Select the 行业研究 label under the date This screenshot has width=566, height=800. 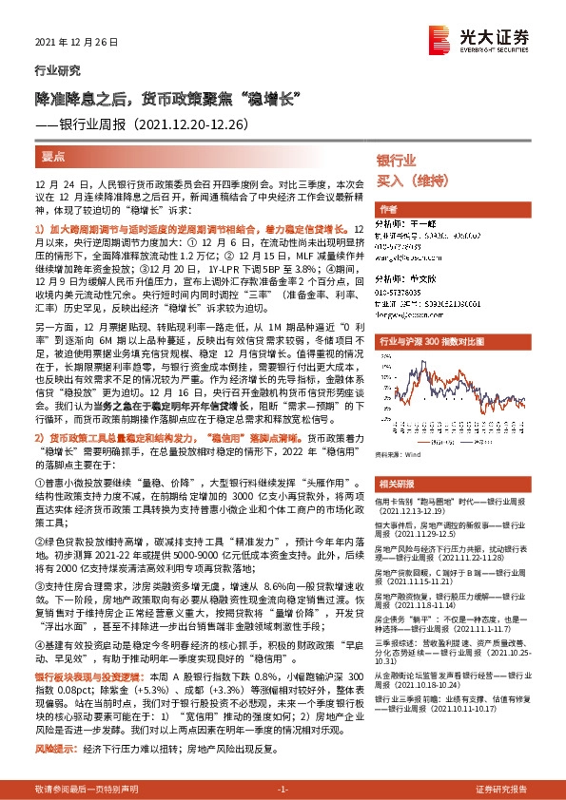coord(52,71)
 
